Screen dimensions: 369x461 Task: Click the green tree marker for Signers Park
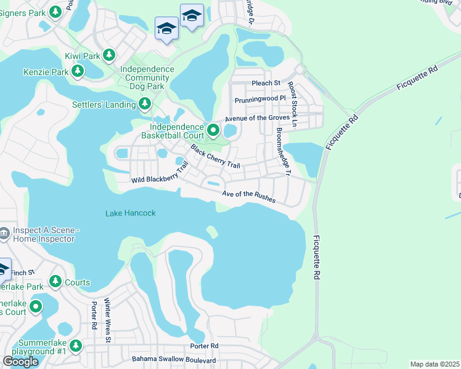pos(55,12)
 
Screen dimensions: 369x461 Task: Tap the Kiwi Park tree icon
pos(109,56)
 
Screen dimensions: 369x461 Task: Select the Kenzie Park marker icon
pos(77,72)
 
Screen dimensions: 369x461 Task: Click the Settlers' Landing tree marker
pos(145,104)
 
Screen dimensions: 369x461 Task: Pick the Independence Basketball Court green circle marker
pos(213,130)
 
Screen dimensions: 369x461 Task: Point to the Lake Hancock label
pos(130,213)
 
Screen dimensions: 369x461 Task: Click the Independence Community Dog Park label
pos(147,78)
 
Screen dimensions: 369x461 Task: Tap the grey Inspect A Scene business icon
pos(4,232)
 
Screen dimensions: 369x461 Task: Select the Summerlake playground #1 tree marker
pos(75,346)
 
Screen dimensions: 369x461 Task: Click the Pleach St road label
pos(266,83)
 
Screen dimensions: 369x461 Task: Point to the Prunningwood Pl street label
pos(261,98)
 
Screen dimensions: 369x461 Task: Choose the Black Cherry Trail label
pos(214,156)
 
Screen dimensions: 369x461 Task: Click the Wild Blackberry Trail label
pos(159,177)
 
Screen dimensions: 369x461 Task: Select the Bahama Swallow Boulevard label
pos(174,359)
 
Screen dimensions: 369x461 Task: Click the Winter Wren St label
pos(108,320)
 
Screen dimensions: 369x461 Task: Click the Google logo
pos(20,362)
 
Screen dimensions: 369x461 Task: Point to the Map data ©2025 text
pos(434,364)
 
